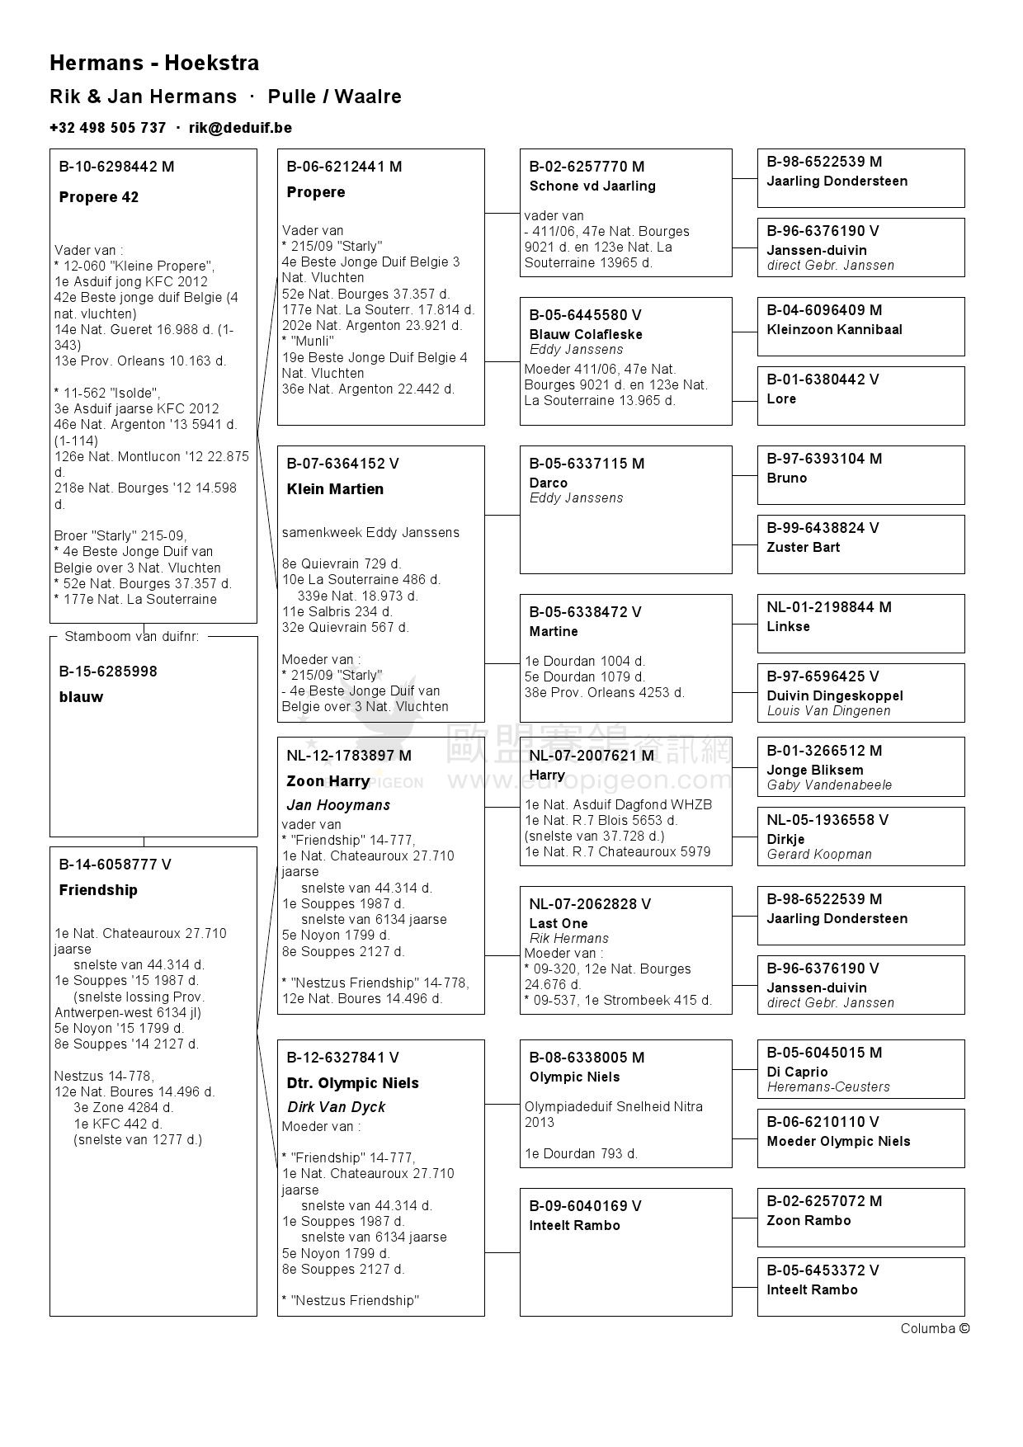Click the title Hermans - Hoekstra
[x=154, y=64]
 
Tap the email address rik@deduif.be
[x=240, y=128]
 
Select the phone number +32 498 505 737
[x=107, y=128]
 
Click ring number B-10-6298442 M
[x=116, y=167]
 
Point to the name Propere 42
[x=99, y=197]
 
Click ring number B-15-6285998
[x=107, y=672]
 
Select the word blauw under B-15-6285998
[x=81, y=697]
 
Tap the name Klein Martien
[x=335, y=489]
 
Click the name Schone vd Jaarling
[x=592, y=186]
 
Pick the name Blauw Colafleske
[x=586, y=335]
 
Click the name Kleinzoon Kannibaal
[x=834, y=330]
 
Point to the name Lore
[x=781, y=399]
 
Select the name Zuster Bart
[x=804, y=548]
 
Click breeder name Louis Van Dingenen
[x=828, y=711]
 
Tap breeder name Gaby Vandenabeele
[x=829, y=785]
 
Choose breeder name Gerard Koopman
[x=819, y=855]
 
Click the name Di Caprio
[x=797, y=1072]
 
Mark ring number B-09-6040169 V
[x=585, y=1206]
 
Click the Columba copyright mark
[x=935, y=1328]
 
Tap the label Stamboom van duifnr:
[x=132, y=637]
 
